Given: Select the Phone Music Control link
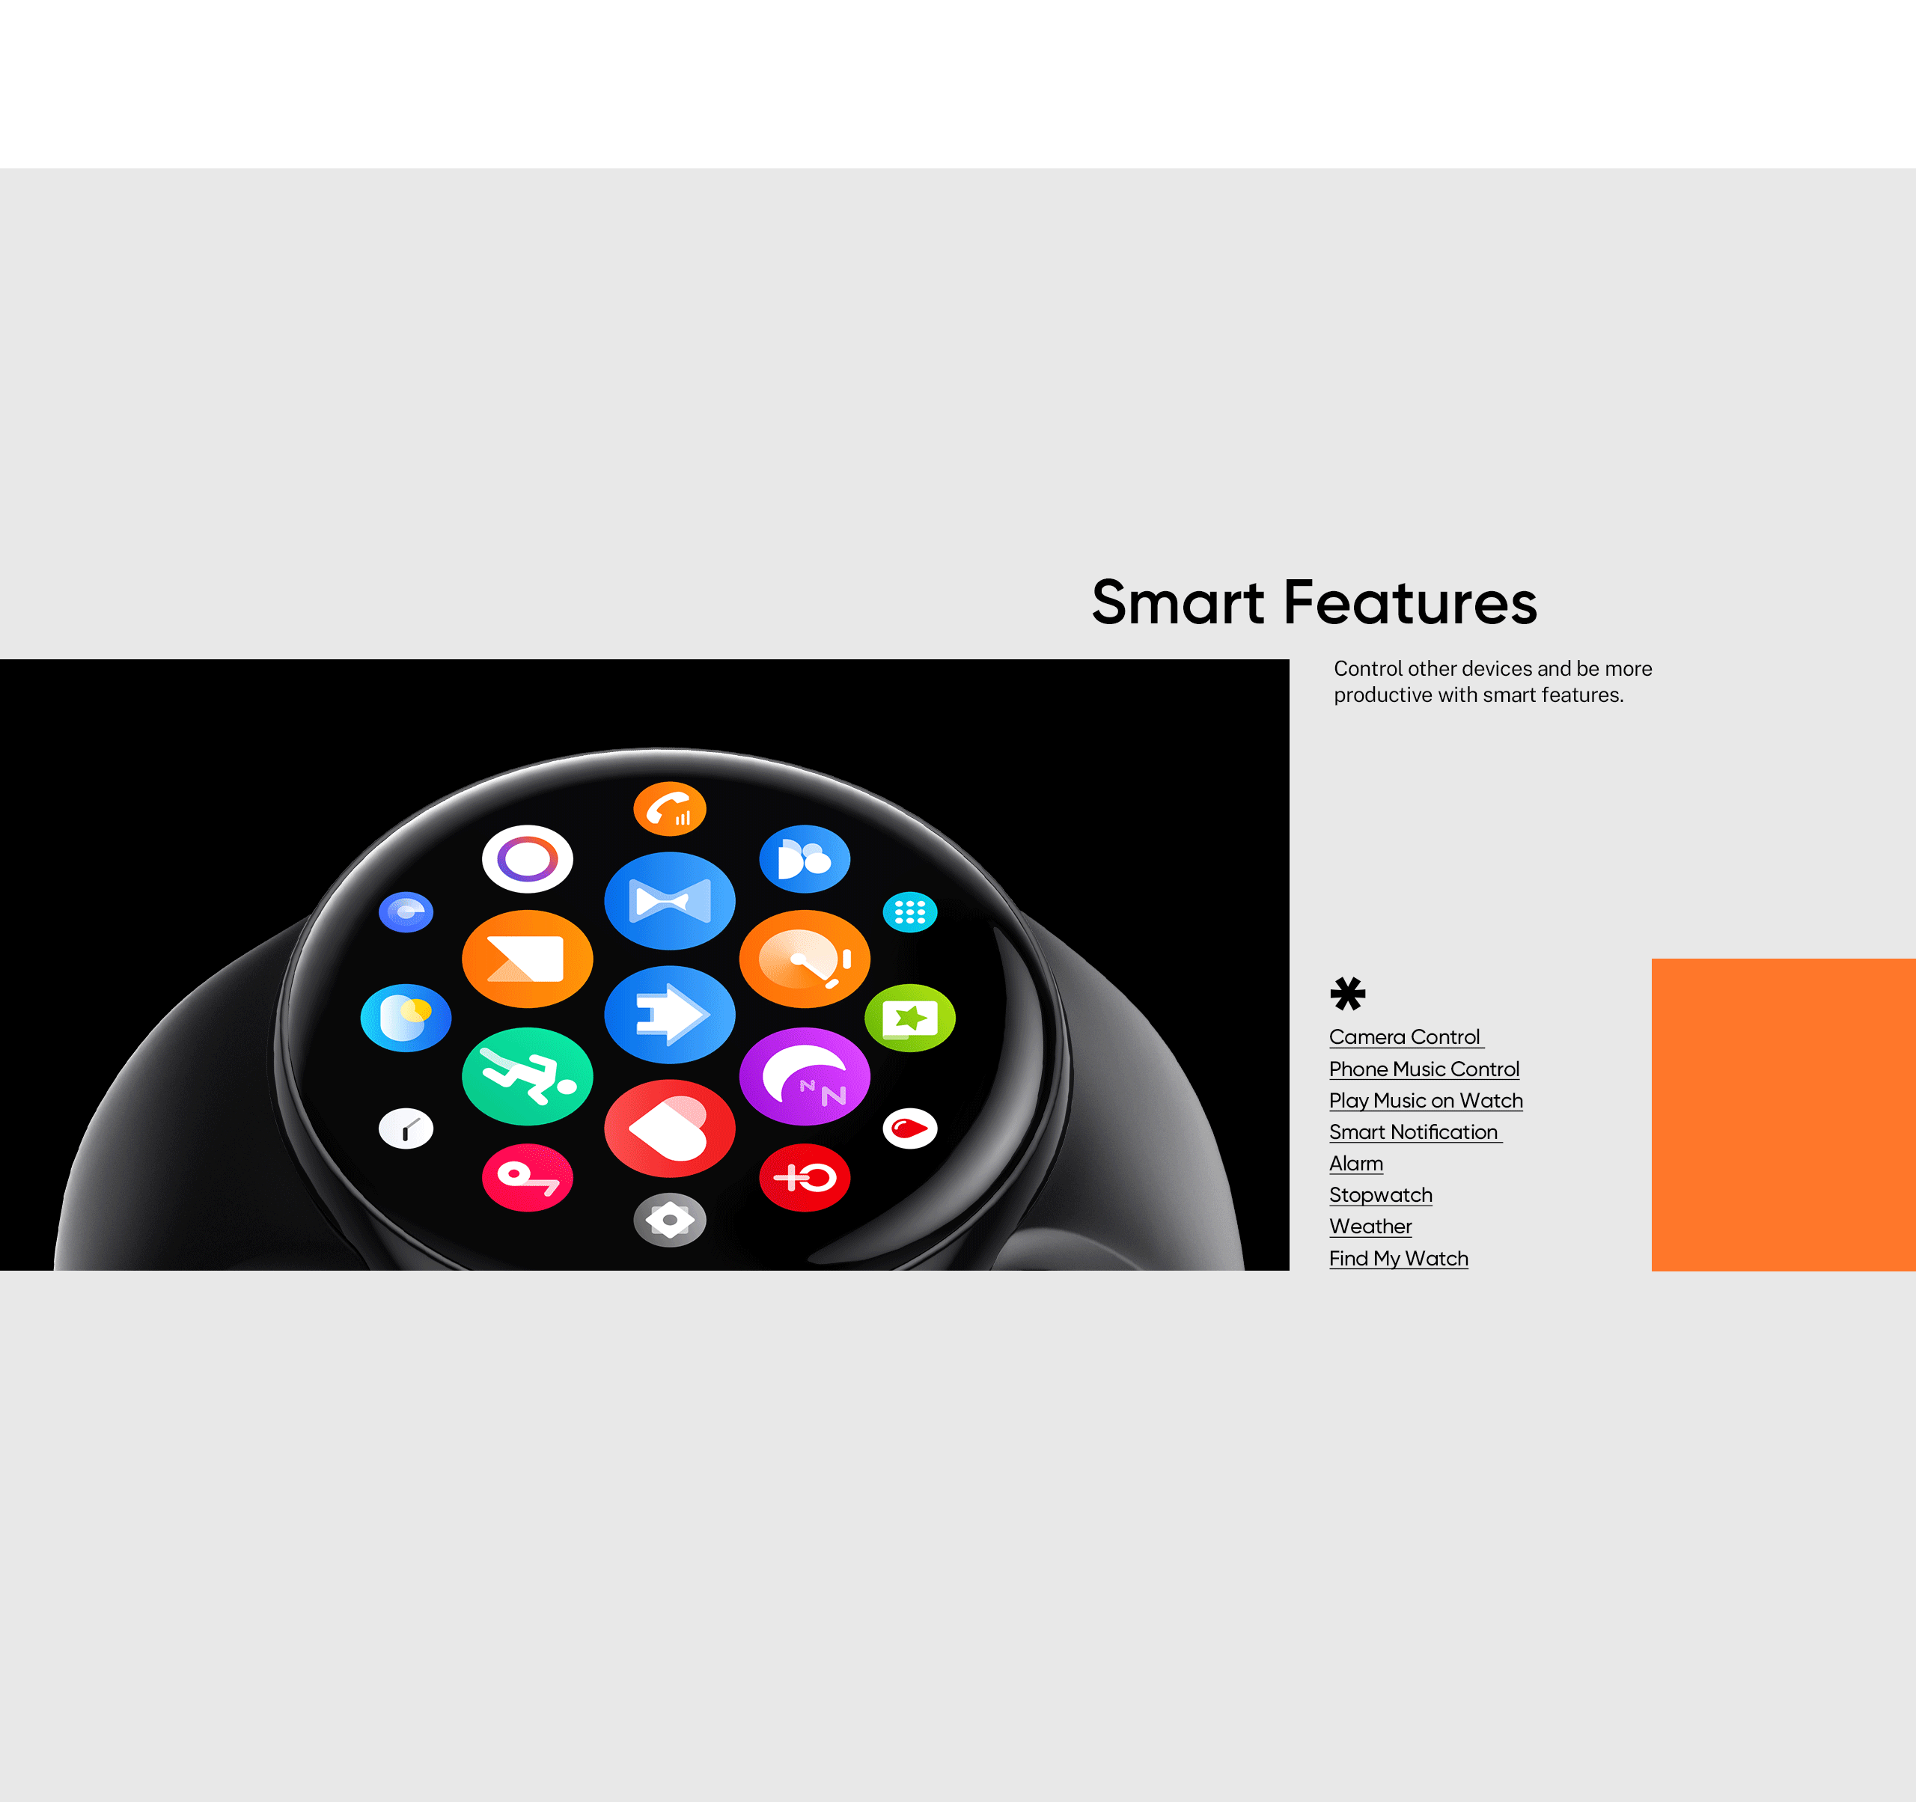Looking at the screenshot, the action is [x=1424, y=1069].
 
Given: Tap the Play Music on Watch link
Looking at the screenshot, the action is [x=1427, y=1101].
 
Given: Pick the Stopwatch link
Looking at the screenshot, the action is [x=1381, y=1195].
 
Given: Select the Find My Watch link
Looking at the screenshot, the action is [x=1398, y=1259].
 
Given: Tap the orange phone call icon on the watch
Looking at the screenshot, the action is [x=670, y=807].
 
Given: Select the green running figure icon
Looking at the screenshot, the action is [x=527, y=1075].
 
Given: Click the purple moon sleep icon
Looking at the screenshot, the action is [x=805, y=1075].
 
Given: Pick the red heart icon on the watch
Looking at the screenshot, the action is [x=670, y=1128].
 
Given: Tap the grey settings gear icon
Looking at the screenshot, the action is [x=670, y=1220].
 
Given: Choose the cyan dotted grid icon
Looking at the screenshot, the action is [x=910, y=911].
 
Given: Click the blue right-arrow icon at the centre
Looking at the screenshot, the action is [x=670, y=1014].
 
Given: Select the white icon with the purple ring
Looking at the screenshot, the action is [x=527, y=858].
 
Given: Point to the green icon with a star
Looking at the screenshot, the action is [x=910, y=1018].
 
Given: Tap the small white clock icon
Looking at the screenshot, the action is [x=406, y=1128].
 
